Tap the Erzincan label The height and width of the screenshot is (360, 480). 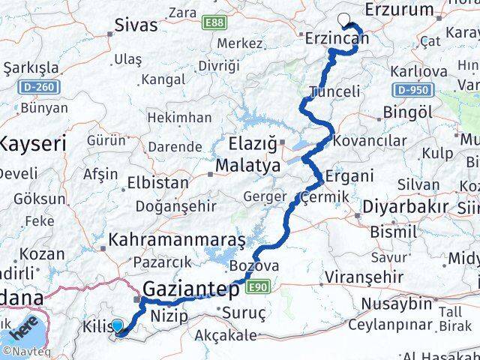[x=337, y=37]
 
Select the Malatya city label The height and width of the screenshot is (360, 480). [x=247, y=164]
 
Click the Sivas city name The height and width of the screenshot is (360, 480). [x=136, y=25]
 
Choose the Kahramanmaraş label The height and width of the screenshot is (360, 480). [x=178, y=241]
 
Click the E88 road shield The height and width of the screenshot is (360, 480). [x=215, y=23]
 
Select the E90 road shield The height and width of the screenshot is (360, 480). [x=259, y=286]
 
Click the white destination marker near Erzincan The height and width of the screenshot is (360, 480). [x=343, y=19]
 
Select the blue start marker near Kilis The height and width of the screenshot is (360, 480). [x=117, y=324]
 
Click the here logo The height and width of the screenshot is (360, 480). [x=24, y=328]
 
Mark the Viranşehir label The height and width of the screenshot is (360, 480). [x=359, y=276]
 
